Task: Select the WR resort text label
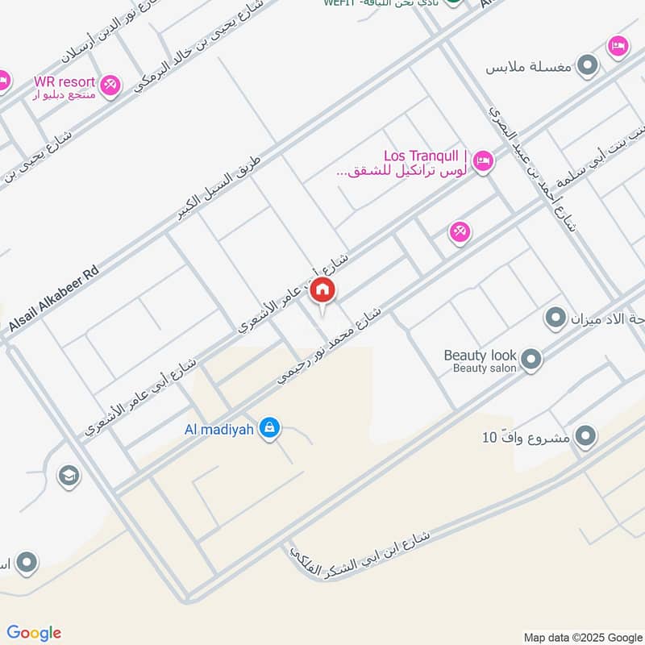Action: tap(64, 82)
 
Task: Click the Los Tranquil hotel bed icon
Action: tap(483, 160)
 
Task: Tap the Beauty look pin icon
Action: tap(531, 360)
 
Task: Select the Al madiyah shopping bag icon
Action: tap(270, 429)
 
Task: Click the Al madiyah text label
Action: tap(218, 428)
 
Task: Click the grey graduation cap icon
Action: tap(69, 476)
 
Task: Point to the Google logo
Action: tap(33, 633)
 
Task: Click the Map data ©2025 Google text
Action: tap(581, 635)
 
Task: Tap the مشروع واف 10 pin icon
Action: tap(585, 437)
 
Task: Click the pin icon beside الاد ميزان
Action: tap(555, 318)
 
